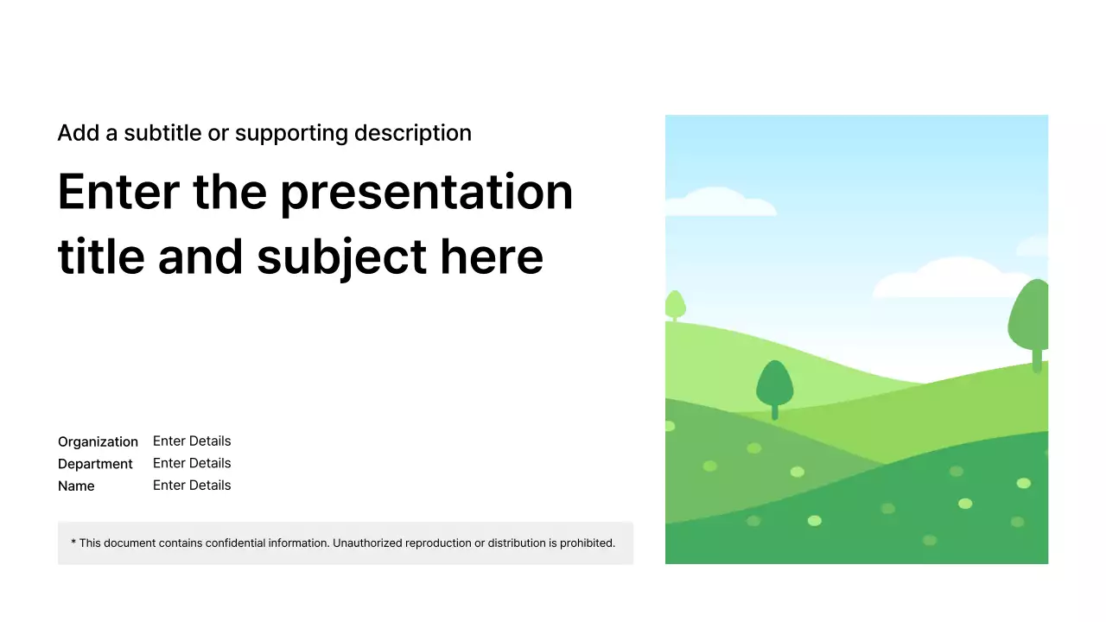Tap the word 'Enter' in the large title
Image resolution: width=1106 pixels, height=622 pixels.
click(118, 192)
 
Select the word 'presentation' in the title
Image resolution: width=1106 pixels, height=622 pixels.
click(427, 194)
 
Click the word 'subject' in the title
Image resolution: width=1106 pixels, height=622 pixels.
click(341, 258)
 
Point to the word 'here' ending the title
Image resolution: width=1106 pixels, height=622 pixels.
click(492, 257)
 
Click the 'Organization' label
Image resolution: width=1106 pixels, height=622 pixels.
click(98, 441)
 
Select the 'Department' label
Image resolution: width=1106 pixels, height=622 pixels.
click(95, 464)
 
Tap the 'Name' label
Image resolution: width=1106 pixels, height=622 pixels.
click(76, 486)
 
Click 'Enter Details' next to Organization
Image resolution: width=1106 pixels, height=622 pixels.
click(192, 441)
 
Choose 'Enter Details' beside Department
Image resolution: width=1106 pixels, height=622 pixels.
click(192, 463)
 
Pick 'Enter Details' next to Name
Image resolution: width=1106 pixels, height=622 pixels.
click(192, 486)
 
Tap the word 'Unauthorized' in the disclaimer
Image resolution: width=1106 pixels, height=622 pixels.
click(367, 543)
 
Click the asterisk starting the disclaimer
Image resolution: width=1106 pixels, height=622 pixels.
click(73, 542)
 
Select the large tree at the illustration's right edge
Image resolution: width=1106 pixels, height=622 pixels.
click(1030, 323)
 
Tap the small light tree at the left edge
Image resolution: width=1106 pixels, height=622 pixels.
click(675, 306)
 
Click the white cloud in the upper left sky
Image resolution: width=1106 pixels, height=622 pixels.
click(720, 201)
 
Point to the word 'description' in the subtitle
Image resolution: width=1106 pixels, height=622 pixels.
click(413, 133)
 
